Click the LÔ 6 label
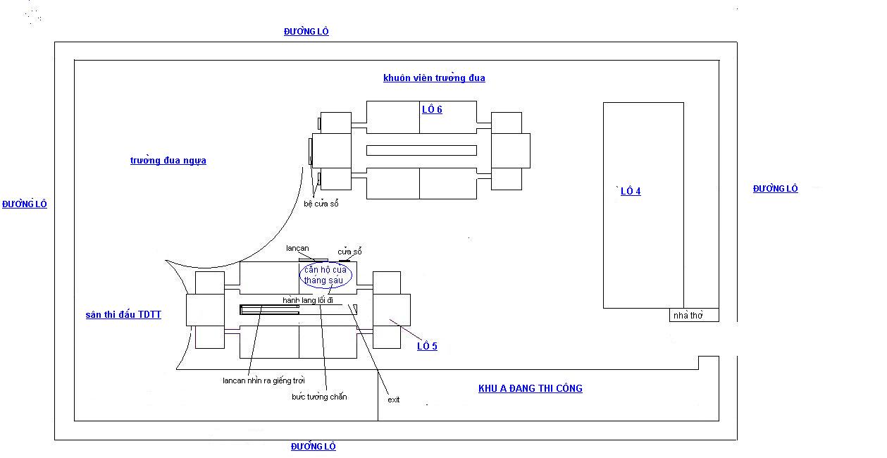pyautogui.click(x=432, y=109)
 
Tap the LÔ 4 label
pyautogui.click(x=631, y=191)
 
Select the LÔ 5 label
pyautogui.click(x=427, y=346)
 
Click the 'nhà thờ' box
pyautogui.click(x=694, y=315)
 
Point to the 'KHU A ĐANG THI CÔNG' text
pyautogui.click(x=531, y=388)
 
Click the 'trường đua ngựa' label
pyautogui.click(x=168, y=161)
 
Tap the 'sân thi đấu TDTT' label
pyautogui.click(x=123, y=314)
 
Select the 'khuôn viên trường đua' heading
pyautogui.click(x=434, y=78)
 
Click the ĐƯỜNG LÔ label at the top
pyautogui.click(x=306, y=31)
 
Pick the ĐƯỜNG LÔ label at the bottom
pyautogui.click(x=314, y=447)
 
